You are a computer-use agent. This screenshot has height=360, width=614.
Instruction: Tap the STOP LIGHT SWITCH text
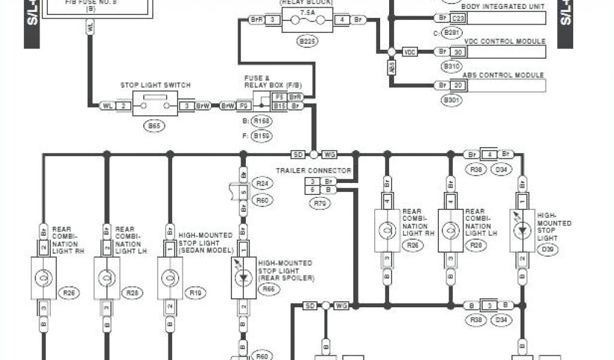coord(155,85)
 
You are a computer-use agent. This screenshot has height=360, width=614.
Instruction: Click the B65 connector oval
coord(155,127)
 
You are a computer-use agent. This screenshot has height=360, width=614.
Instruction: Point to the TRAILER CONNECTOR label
coord(314,170)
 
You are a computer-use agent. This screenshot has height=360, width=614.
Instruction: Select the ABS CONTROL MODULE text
coord(503,75)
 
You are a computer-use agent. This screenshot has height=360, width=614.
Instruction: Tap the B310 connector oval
coord(451,66)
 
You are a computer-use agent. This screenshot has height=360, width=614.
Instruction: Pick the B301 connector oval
coord(451,100)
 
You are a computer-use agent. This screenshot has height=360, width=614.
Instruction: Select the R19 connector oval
coord(195,293)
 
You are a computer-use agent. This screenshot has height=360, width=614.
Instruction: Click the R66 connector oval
coord(268,289)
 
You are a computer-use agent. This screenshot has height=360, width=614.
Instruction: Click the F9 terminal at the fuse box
coord(244,106)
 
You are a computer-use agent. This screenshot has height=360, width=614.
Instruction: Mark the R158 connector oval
coord(261,121)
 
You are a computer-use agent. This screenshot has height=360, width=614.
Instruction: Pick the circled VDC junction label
coord(410,52)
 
